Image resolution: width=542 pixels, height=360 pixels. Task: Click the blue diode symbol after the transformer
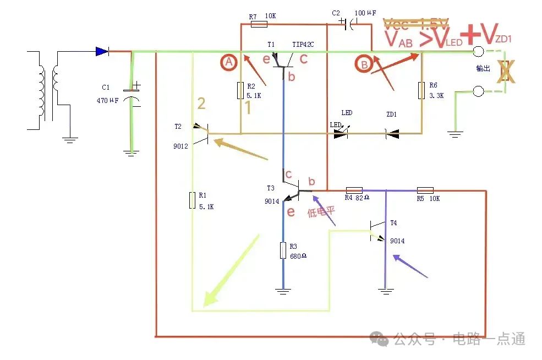(102, 51)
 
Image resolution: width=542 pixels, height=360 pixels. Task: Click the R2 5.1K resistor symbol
(240, 91)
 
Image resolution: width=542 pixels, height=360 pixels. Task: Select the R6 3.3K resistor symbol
(421, 90)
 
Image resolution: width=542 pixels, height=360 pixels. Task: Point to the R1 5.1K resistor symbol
(193, 200)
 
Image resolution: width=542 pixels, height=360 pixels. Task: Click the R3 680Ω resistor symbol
(283, 251)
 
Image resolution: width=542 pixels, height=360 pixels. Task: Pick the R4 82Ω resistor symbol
(354, 190)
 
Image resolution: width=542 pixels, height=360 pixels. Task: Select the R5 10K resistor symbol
(425, 190)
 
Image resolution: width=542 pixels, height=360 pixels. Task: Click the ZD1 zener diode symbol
(392, 133)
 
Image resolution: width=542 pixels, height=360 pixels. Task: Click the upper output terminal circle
(478, 52)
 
